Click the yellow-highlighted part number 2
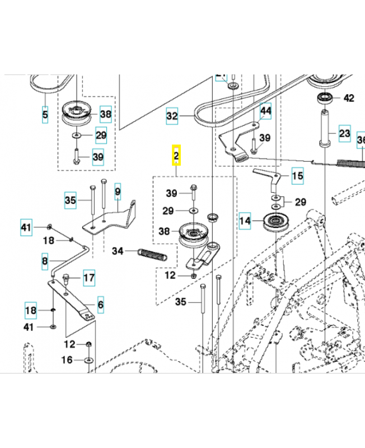point(176,155)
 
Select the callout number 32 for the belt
point(172,116)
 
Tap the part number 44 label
point(265,111)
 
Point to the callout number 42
point(348,98)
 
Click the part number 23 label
point(344,134)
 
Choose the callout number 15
point(297,176)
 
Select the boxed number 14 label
point(245,220)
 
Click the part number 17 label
point(89,277)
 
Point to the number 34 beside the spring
point(118,250)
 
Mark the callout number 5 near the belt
point(45,115)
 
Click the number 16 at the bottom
point(67,360)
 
